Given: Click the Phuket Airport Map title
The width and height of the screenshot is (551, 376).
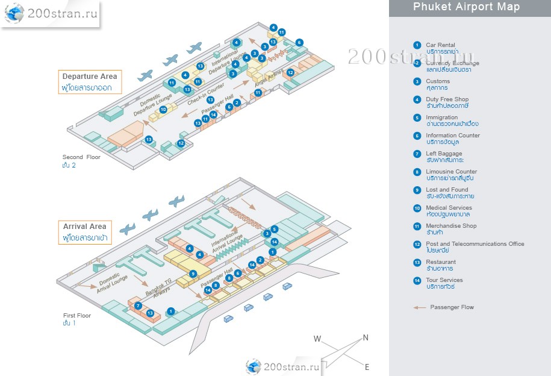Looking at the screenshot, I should click(466, 7).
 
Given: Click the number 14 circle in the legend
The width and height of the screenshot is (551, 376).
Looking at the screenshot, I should click(417, 280).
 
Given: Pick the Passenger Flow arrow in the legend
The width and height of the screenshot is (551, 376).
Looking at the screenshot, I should click(419, 307).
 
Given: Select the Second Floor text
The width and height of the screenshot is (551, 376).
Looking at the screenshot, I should click(81, 157).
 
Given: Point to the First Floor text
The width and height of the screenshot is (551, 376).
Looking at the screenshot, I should click(77, 315).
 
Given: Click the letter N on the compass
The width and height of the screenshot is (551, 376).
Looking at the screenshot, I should click(365, 338).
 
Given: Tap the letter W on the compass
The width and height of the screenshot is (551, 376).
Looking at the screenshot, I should click(317, 339).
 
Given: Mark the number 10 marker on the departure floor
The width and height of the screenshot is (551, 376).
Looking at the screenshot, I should click(163, 110).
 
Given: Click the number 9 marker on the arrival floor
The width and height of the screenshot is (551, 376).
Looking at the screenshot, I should click(193, 274).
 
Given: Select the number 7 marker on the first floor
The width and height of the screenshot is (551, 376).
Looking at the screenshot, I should click(139, 306).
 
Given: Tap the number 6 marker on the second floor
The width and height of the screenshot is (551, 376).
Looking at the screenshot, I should click(299, 43).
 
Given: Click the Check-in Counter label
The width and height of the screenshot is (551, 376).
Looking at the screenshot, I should click(206, 95).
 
